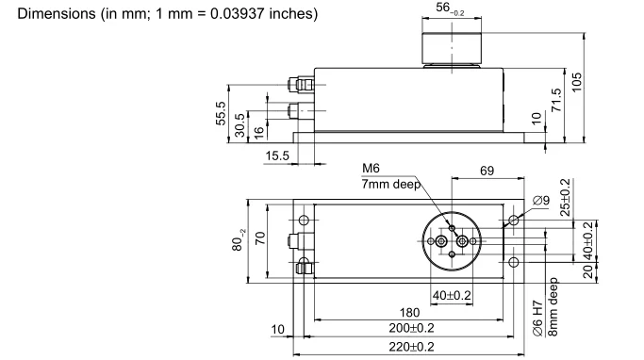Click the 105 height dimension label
577,82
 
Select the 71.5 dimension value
556,100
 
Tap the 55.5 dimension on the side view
221,113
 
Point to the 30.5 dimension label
239,124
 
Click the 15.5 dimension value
277,156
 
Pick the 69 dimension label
487,171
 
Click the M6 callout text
371,168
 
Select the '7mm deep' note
391,184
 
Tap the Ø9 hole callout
541,201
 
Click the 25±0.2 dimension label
565,198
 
